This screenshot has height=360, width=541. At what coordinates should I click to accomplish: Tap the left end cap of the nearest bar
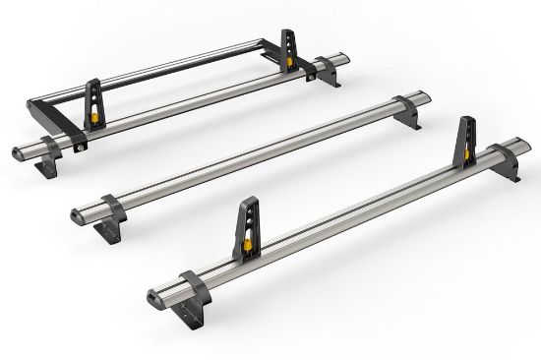pos(151,292)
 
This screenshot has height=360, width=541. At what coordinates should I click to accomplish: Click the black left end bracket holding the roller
pos(44,108)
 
